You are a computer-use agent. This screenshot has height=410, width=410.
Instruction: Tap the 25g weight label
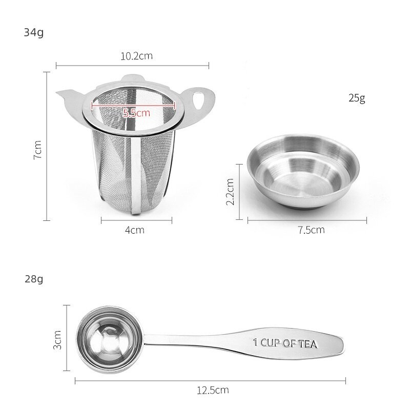coord(355,98)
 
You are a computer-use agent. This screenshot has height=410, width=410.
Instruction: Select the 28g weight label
coord(34,279)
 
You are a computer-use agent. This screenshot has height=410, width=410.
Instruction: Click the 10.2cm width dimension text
coord(137,56)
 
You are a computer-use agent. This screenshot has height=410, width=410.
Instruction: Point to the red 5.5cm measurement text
coord(136,113)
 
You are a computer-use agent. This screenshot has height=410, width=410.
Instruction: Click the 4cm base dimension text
coord(135,230)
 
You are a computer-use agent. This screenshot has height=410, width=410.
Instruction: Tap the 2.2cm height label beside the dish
coord(230,191)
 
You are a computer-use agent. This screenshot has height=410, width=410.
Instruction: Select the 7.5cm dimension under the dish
coord(312,230)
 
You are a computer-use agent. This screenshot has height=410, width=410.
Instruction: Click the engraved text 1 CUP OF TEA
coord(285,342)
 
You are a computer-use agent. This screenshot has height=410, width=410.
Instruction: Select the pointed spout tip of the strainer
coord(57,92)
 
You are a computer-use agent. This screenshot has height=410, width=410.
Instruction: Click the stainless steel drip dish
coord(302,172)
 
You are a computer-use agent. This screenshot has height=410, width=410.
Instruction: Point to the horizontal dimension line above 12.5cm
coord(210,380)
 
